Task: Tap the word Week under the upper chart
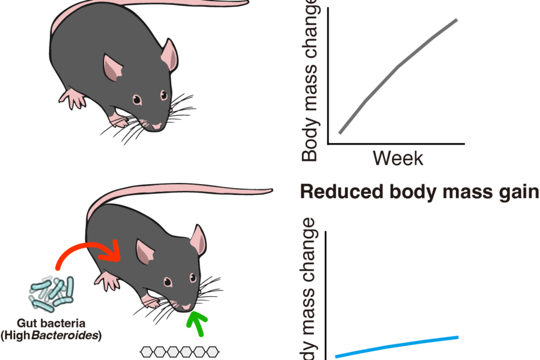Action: (398, 158)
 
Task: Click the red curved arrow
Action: (87, 250)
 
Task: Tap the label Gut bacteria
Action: (51, 324)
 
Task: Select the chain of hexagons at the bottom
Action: (181, 351)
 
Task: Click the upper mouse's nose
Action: (157, 125)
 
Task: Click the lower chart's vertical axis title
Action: (311, 290)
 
